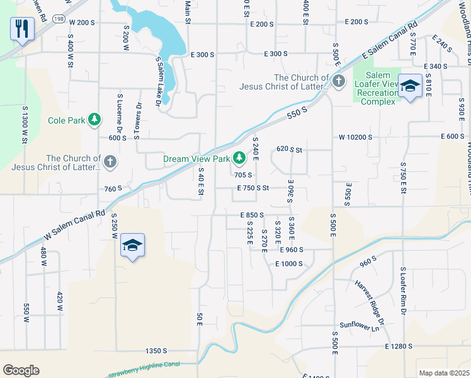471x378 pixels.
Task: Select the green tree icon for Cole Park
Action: (x=94, y=119)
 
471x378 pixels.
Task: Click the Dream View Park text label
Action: (x=196, y=159)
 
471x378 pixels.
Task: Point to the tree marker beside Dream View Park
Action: (x=239, y=157)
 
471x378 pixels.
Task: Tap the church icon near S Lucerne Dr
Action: (x=110, y=162)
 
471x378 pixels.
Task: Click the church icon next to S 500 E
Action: (x=339, y=81)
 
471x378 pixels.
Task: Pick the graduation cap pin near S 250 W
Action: (x=133, y=246)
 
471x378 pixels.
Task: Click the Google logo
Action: (x=21, y=370)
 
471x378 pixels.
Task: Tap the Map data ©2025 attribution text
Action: (x=444, y=373)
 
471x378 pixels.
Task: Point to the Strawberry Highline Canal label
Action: (x=144, y=369)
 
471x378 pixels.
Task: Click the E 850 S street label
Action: (x=251, y=215)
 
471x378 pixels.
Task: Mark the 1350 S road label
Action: (x=156, y=350)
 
